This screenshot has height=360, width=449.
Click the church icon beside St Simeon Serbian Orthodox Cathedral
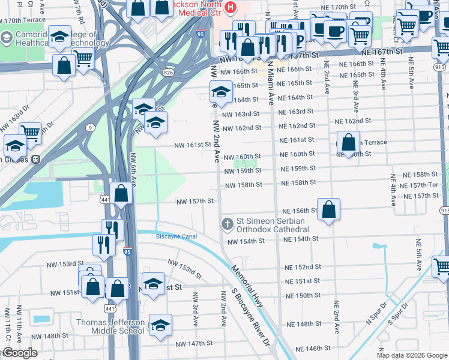[x=227, y=224]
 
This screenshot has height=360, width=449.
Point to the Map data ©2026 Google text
[x=411, y=355]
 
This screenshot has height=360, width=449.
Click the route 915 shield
[x=444, y=210]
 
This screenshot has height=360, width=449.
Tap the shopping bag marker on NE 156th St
[x=328, y=210]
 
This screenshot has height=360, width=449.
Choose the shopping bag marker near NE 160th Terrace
[x=349, y=143]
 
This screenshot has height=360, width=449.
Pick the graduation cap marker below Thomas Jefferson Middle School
[x=160, y=325]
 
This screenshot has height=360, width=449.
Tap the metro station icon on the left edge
[x=36, y=160]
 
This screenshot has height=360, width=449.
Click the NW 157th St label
[x=194, y=201]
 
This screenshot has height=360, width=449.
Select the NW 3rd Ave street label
[x=196, y=308]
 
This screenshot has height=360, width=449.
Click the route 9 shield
[x=89, y=127]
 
